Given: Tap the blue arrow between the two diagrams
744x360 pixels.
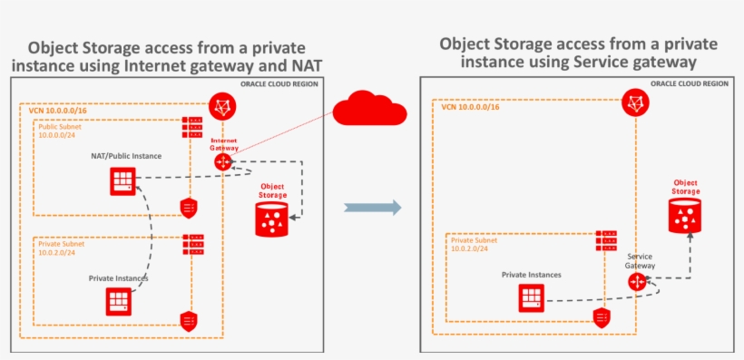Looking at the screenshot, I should coord(373,208).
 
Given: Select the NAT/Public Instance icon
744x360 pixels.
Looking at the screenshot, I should coord(122,180).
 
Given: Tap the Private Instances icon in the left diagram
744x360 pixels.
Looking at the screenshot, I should coord(119,300).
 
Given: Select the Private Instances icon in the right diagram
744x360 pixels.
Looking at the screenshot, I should coord(533,296).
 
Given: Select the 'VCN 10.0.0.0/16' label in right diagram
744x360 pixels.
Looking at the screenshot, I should coord(470,107).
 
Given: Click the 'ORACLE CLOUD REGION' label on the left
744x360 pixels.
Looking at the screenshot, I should coord(279,83).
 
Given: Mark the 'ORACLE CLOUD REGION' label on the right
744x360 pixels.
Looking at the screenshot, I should coord(690,83).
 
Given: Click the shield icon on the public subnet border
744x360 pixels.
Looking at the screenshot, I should coord(189,207).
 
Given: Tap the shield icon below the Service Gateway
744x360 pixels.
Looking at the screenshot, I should coord(600,316).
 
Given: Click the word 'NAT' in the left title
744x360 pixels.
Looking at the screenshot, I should coord(305,65).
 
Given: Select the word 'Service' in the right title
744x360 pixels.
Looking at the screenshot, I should coord(601,62).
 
